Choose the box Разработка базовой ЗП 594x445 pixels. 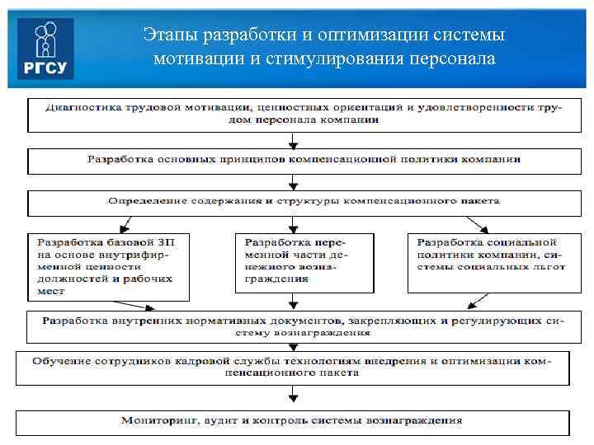pos(107,265)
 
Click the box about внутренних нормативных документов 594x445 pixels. pos(297,325)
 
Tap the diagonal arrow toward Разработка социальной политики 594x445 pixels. pos(476,222)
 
